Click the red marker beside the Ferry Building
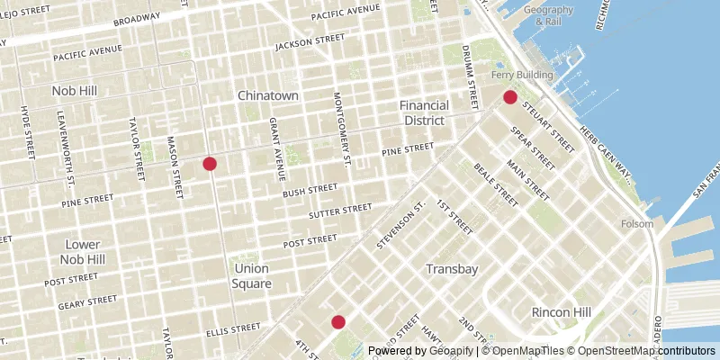509,97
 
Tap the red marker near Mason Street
210,163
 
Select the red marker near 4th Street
338,321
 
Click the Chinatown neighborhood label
267,95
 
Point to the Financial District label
423,112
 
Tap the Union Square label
253,275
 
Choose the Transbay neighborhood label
450,269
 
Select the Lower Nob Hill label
85,252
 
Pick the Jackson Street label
310,43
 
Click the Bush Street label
308,193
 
